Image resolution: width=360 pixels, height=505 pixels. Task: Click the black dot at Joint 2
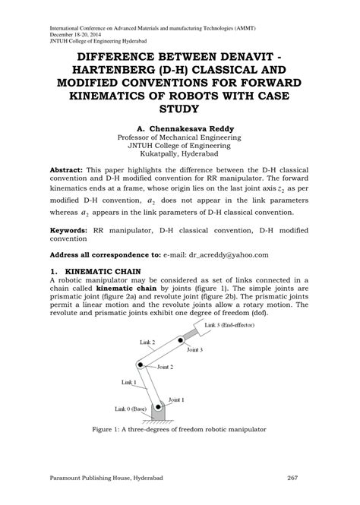coord(139,365)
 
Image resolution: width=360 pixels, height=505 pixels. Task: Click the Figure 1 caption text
coord(179,430)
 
